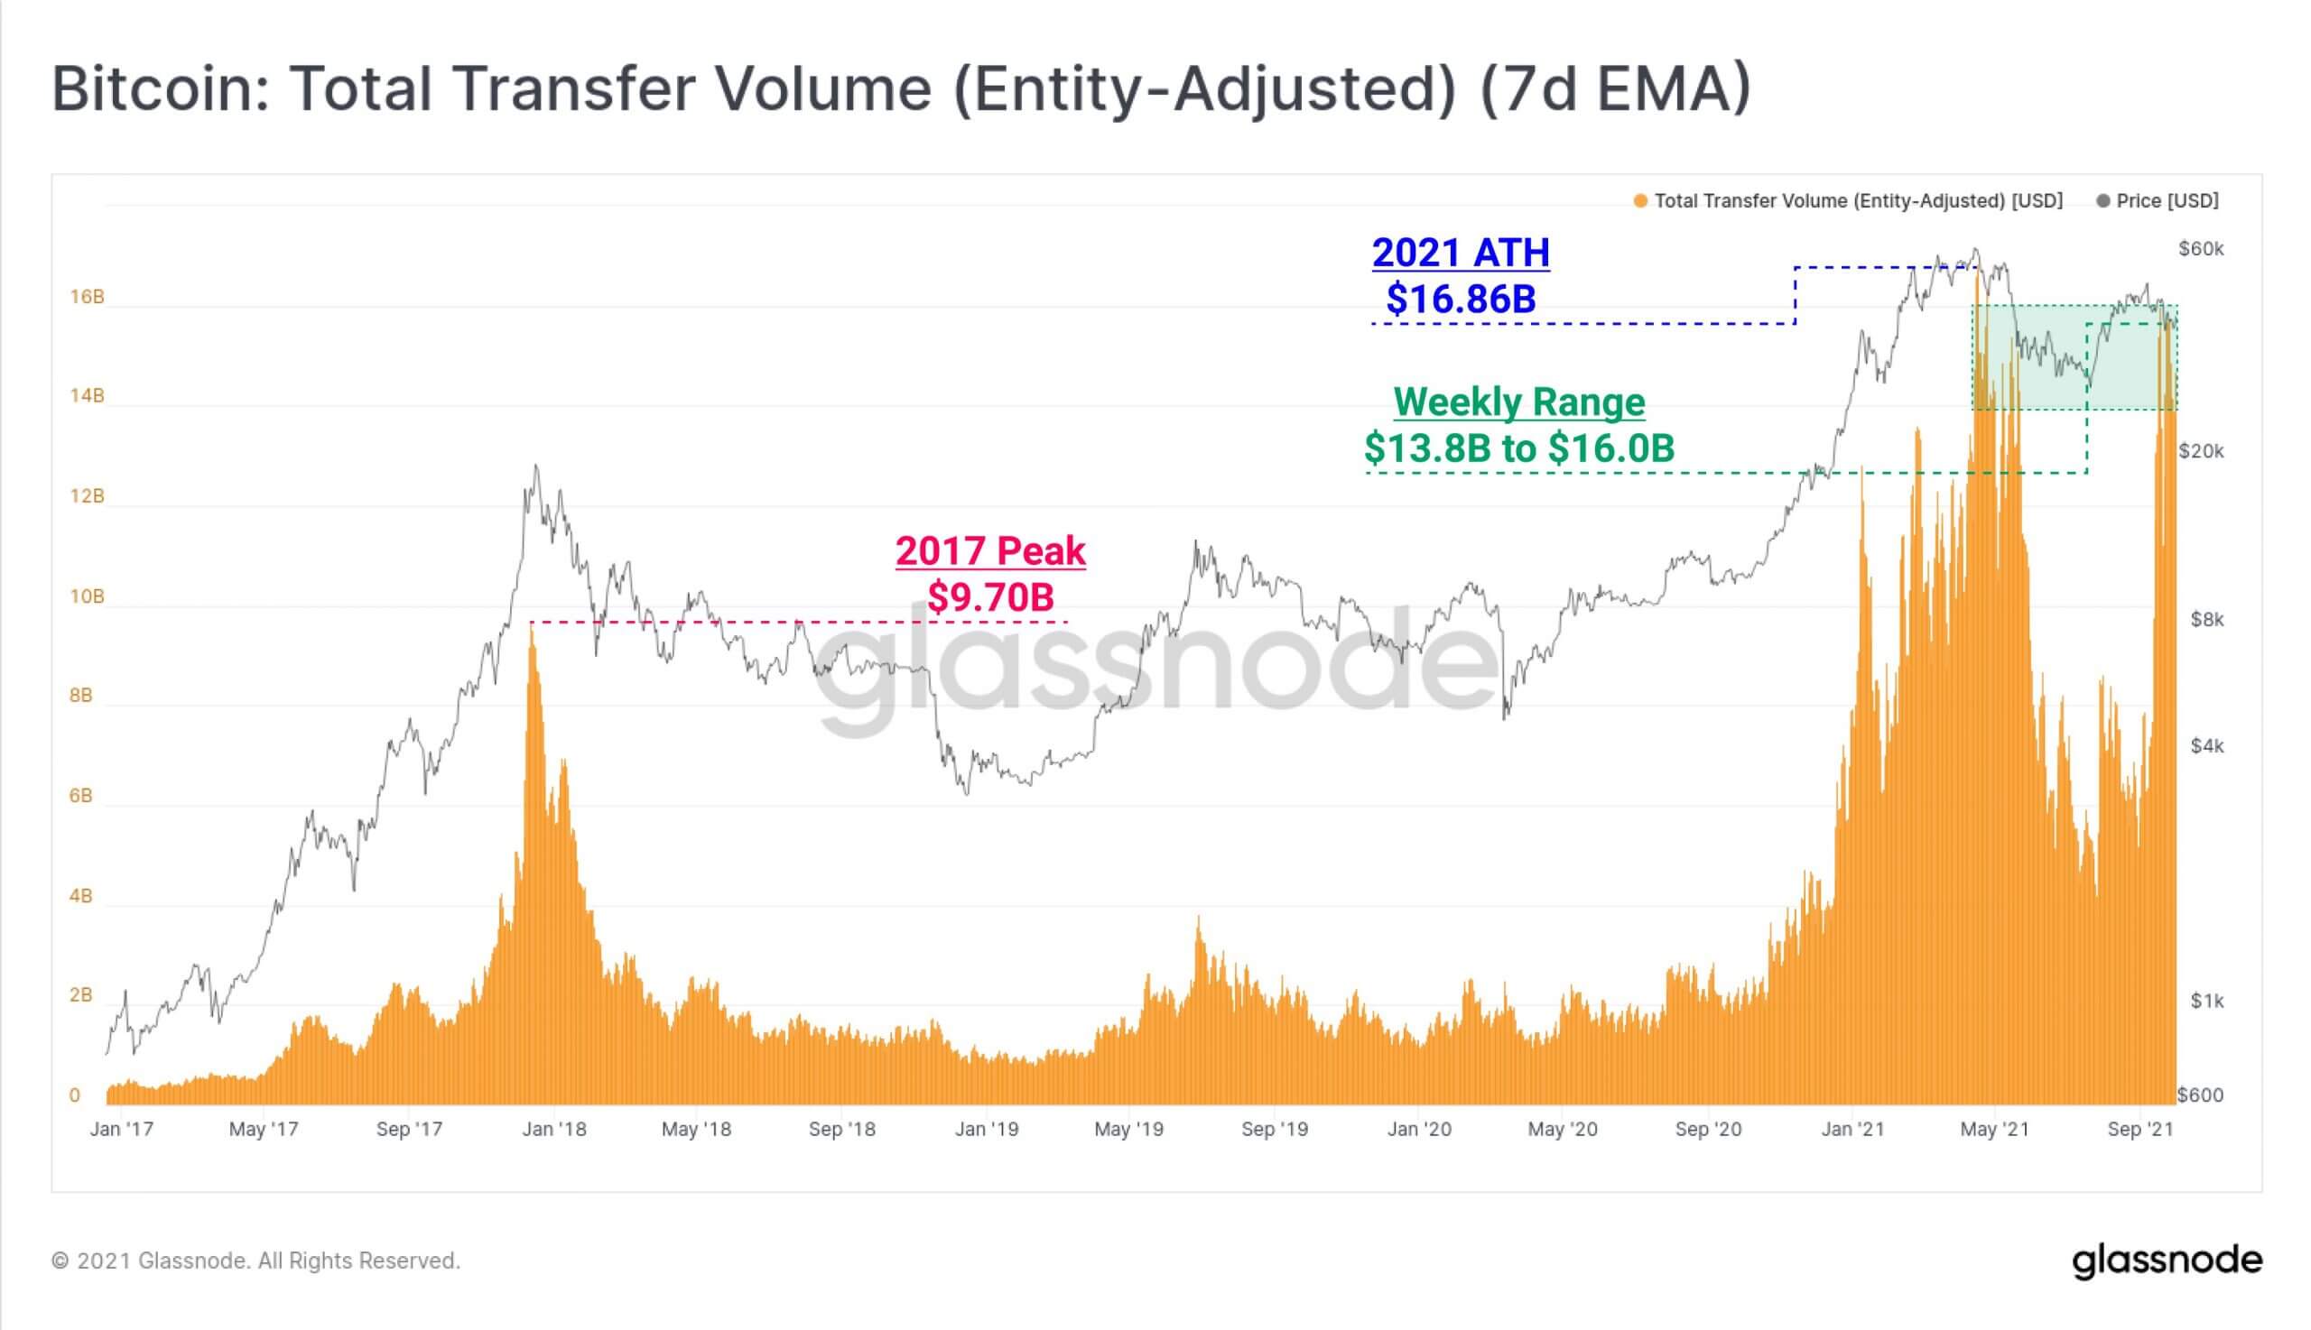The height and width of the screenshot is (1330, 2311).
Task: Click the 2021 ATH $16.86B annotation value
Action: [x=1461, y=299]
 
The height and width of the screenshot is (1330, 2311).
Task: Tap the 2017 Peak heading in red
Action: [x=990, y=550]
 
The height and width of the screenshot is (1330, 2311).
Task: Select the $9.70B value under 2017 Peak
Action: [x=990, y=596]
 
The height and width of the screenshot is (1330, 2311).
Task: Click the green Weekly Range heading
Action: [x=1518, y=402]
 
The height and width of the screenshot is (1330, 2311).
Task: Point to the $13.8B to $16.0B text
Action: [x=1518, y=448]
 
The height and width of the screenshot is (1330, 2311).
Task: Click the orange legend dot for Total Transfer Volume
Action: [x=1640, y=201]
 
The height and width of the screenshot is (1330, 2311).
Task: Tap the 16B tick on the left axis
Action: [x=87, y=297]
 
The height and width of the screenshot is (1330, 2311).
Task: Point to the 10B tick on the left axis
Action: [x=87, y=596]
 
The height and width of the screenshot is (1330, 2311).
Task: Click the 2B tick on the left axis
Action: [x=80, y=994]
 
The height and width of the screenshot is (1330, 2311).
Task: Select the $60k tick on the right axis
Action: [x=2202, y=249]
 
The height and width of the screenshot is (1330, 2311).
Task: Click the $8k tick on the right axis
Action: [x=2207, y=620]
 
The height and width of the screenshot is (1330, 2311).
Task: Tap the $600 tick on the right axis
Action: [x=2201, y=1095]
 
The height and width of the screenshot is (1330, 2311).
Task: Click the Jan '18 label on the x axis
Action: [x=553, y=1130]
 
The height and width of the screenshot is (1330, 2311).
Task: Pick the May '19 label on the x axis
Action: [x=1128, y=1130]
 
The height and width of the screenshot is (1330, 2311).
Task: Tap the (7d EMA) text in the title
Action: [x=1614, y=89]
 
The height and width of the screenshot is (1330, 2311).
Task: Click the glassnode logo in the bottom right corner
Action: [x=2167, y=1261]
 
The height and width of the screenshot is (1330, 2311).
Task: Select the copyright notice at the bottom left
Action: [x=255, y=1261]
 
